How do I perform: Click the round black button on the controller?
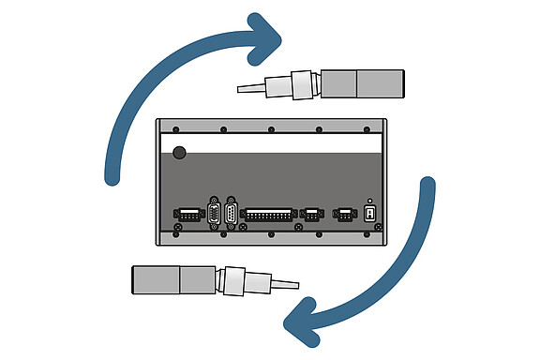tap(179, 152)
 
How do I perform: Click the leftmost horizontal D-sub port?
tap(188, 215)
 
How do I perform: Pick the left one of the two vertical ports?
tap(214, 215)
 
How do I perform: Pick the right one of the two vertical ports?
tap(232, 215)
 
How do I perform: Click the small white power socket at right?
tap(369, 215)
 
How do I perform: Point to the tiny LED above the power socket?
tap(369, 202)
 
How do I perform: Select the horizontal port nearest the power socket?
tap(343, 215)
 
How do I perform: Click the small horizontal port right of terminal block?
tap(309, 215)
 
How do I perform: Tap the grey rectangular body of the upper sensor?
tap(363, 83)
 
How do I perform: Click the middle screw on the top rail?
tap(271, 129)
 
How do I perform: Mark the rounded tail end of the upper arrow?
tap(112, 173)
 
